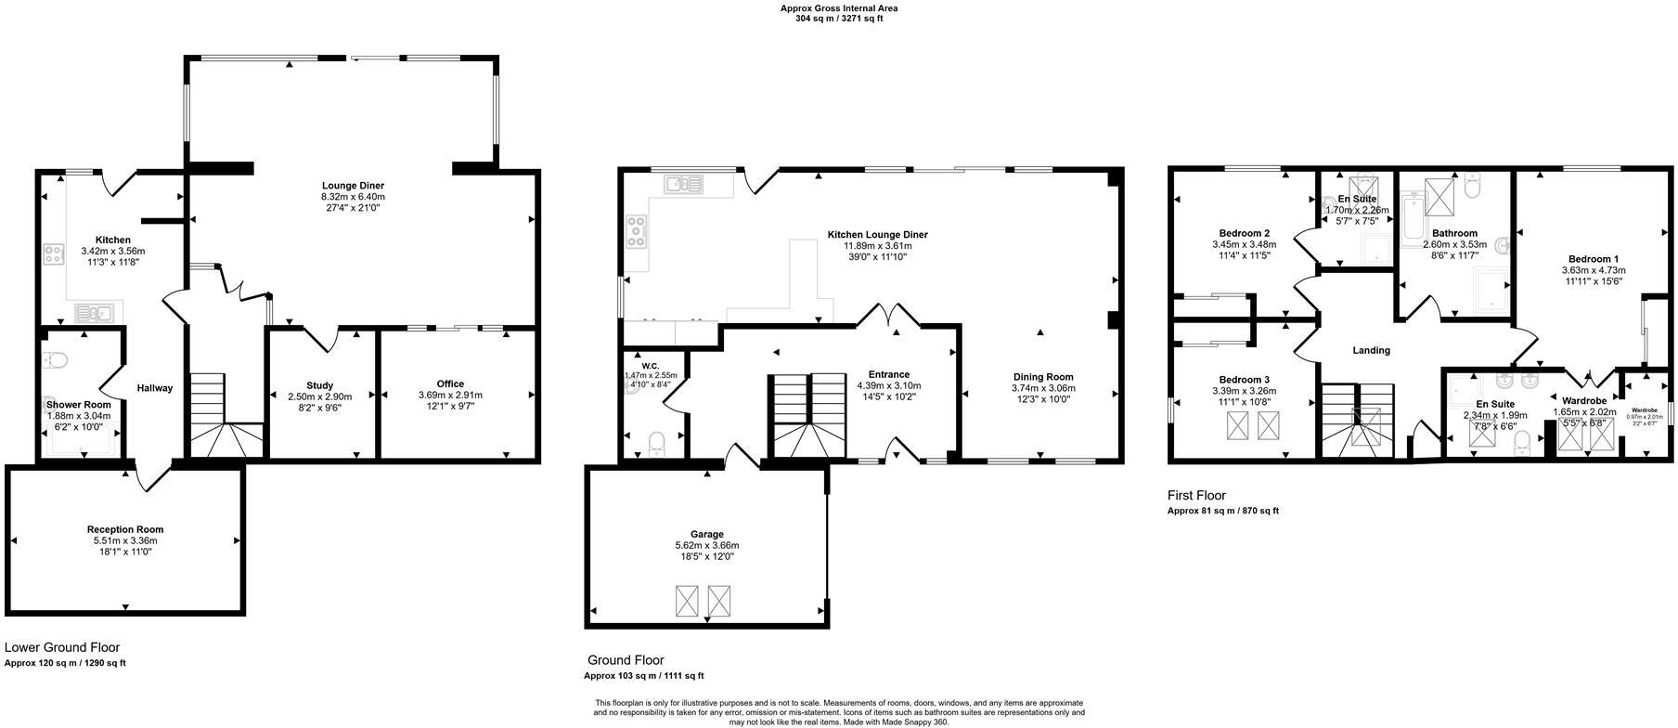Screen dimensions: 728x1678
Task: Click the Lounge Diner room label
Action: pyautogui.click(x=353, y=186)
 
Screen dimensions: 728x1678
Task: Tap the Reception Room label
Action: pyautogui.click(x=125, y=529)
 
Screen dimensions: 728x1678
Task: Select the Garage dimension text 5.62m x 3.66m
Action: pyautogui.click(x=706, y=546)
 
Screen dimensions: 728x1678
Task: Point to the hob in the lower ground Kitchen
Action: pyautogui.click(x=54, y=253)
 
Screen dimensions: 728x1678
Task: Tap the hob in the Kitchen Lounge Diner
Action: pyautogui.click(x=637, y=231)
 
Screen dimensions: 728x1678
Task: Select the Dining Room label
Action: pyautogui.click(x=1043, y=377)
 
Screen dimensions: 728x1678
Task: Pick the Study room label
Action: pyautogui.click(x=319, y=385)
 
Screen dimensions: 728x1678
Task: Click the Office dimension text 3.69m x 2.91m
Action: pyautogui.click(x=450, y=395)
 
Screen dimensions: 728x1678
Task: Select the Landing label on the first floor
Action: pyautogui.click(x=1371, y=351)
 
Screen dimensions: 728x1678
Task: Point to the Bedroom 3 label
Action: pyautogui.click(x=1244, y=380)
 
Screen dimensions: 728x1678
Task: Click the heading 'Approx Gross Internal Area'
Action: pyautogui.click(x=838, y=8)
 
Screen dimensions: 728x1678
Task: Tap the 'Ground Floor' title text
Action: pyautogui.click(x=626, y=660)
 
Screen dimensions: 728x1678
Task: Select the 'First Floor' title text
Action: pyautogui.click(x=1196, y=496)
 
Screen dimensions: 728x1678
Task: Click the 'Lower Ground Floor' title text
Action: pyautogui.click(x=62, y=647)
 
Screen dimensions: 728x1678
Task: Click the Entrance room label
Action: pyautogui.click(x=888, y=374)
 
